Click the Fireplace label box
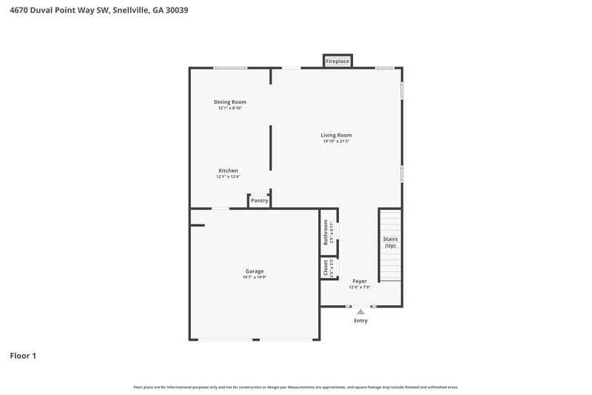[x=337, y=61]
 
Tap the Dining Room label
[x=229, y=102]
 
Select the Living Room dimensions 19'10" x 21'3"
[x=336, y=142]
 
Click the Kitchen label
[x=228, y=170]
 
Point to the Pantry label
[x=259, y=200]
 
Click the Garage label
[x=255, y=270]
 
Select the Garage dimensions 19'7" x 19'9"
[x=255, y=277]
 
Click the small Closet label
[x=326, y=268]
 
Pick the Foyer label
[x=360, y=281]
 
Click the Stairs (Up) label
[x=390, y=242]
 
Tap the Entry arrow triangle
[x=360, y=312]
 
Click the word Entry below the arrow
[x=360, y=321]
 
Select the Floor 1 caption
[x=23, y=356]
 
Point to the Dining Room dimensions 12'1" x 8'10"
[x=229, y=108]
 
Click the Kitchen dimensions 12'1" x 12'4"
[x=228, y=177]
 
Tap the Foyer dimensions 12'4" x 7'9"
[x=360, y=288]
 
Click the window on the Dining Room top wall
[x=230, y=68]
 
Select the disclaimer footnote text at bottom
[x=296, y=387]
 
